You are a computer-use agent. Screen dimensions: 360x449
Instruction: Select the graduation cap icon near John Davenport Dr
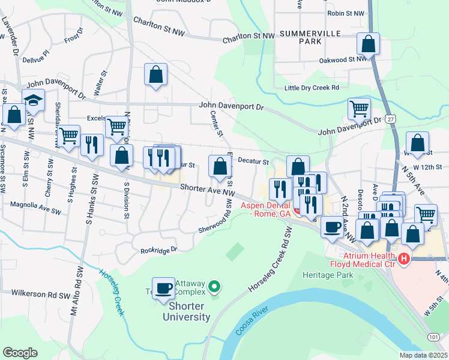pos(34,101)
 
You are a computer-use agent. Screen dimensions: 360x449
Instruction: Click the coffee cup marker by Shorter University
pos(164,289)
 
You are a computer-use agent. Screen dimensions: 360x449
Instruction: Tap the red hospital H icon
pos(404,259)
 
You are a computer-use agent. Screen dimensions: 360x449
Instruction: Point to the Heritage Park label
pos(328,275)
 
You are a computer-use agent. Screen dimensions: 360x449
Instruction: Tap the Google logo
pos(20,353)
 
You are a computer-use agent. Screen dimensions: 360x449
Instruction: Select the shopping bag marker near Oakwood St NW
pos(368,44)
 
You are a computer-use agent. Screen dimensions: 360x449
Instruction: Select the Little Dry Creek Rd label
pos(312,88)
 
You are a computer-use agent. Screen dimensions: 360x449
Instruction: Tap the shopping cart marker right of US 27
pos(426,214)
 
